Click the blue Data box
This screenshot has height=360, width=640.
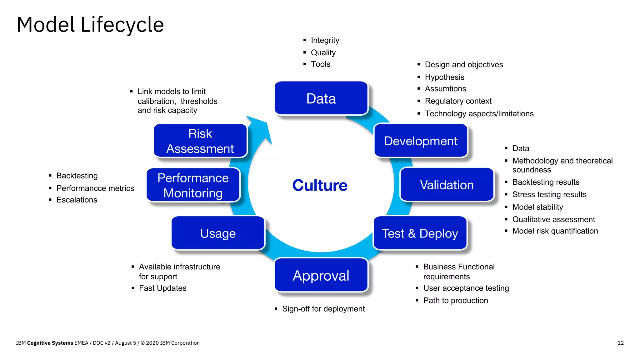[321, 98]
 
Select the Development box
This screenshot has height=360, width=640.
[421, 141]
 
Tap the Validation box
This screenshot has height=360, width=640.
[447, 185]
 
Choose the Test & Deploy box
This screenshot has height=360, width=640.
[420, 233]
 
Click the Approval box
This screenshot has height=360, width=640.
[321, 275]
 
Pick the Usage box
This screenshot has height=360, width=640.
[218, 233]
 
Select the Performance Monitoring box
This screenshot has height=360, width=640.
[193, 185]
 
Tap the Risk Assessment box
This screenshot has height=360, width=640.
[200, 141]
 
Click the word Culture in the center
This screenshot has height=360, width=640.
[320, 185]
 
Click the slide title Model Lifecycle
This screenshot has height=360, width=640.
[90, 25]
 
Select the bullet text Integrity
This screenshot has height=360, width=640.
[325, 40]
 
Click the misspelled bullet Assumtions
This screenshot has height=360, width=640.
[445, 89]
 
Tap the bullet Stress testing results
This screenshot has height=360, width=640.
[549, 194]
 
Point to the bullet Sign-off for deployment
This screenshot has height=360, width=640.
[323, 309]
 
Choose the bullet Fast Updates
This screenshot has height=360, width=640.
[162, 288]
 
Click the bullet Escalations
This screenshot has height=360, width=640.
[77, 200]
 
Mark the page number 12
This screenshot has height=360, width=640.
[620, 343]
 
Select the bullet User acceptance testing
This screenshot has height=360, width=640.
[466, 288]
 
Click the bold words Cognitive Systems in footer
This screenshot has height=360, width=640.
[50, 343]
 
